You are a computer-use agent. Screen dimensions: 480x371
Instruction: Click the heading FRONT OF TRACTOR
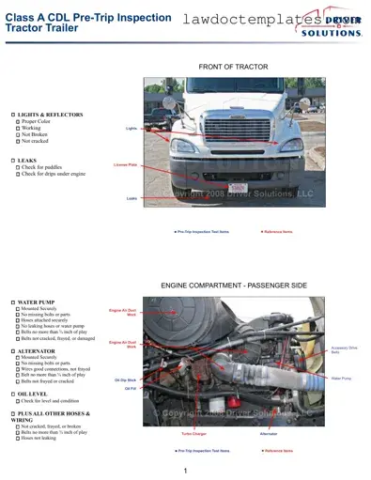click(x=233, y=67)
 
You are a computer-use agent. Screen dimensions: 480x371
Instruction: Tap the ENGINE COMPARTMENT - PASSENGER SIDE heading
click(x=234, y=284)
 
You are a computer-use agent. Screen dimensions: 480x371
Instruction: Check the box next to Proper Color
click(x=17, y=122)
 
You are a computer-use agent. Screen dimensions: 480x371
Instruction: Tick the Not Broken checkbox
click(x=17, y=134)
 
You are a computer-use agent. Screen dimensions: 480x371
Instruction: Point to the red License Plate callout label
click(x=125, y=164)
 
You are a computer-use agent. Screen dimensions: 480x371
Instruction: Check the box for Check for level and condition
click(x=17, y=401)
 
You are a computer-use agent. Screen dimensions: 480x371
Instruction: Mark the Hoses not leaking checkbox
click(x=17, y=439)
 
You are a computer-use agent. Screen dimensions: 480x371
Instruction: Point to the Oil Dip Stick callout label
click(x=126, y=380)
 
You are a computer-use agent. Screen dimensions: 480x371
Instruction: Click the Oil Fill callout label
click(x=131, y=388)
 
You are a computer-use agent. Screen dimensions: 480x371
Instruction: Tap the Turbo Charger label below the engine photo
click(x=193, y=434)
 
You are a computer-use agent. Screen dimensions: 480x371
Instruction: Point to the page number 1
click(x=186, y=470)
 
